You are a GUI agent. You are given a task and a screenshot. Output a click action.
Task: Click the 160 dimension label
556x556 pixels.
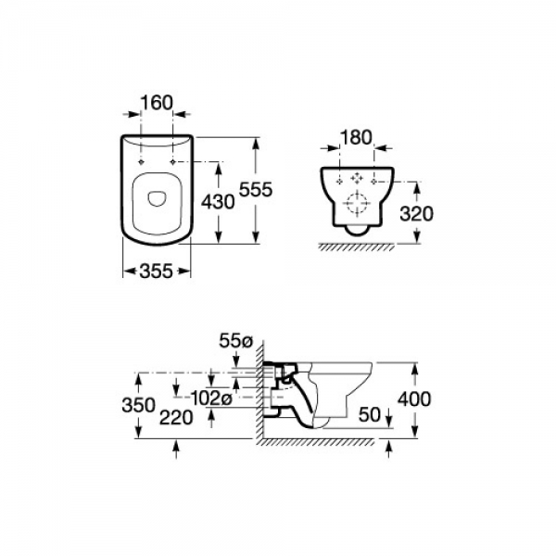tap(157, 103)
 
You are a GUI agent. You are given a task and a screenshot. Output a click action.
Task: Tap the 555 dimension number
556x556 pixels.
tap(256, 189)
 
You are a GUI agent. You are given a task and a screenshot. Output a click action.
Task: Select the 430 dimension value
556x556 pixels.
tap(218, 202)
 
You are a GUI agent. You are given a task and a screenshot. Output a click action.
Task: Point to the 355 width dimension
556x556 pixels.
tap(157, 272)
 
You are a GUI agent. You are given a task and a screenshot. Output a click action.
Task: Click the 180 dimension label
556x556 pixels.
tap(356, 137)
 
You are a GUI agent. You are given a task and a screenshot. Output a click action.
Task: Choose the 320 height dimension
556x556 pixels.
tap(416, 214)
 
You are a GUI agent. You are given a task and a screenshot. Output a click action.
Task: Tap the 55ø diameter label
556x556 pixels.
tap(235, 341)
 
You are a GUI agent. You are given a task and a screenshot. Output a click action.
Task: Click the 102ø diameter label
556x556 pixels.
tap(211, 398)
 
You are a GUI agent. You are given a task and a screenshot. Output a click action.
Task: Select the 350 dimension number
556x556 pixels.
tap(138, 405)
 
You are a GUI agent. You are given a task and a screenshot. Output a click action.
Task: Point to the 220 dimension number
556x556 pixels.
tap(176, 417)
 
